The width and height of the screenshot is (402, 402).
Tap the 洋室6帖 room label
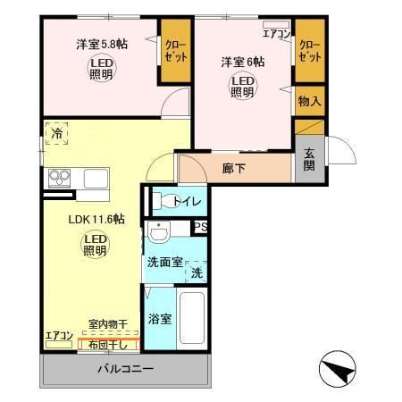(x=242, y=62)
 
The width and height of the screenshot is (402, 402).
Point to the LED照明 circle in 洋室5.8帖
(x=101, y=68)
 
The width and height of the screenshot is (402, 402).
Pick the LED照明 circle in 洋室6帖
(x=243, y=86)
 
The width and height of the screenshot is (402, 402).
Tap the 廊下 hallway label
(x=235, y=167)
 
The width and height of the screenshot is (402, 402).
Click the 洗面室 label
(x=165, y=263)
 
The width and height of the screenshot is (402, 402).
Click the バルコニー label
(x=126, y=368)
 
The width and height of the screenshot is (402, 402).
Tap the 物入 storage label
(x=309, y=102)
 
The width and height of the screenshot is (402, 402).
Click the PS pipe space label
(x=201, y=227)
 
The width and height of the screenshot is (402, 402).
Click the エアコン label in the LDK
(x=59, y=335)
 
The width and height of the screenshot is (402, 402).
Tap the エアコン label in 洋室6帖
(x=276, y=35)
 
